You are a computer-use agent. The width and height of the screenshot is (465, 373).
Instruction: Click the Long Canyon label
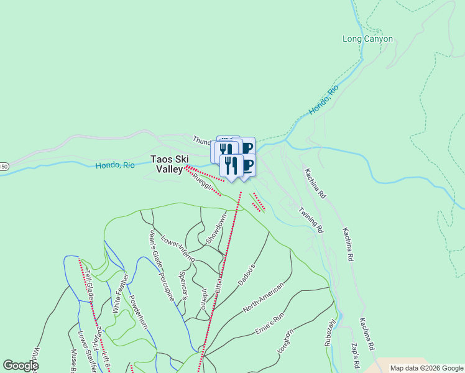(x=367, y=39)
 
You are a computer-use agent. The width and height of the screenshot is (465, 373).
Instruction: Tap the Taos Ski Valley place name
(x=169, y=163)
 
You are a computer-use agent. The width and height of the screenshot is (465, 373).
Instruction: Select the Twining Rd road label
(x=311, y=219)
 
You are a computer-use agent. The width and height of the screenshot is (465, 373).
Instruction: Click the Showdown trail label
(x=216, y=229)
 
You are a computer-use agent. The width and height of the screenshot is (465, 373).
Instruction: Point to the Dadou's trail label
(x=247, y=274)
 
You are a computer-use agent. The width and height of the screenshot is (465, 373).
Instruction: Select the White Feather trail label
(x=121, y=293)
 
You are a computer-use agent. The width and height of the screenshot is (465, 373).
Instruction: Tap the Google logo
(x=21, y=366)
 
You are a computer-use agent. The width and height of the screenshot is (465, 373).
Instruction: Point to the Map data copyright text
(x=426, y=368)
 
